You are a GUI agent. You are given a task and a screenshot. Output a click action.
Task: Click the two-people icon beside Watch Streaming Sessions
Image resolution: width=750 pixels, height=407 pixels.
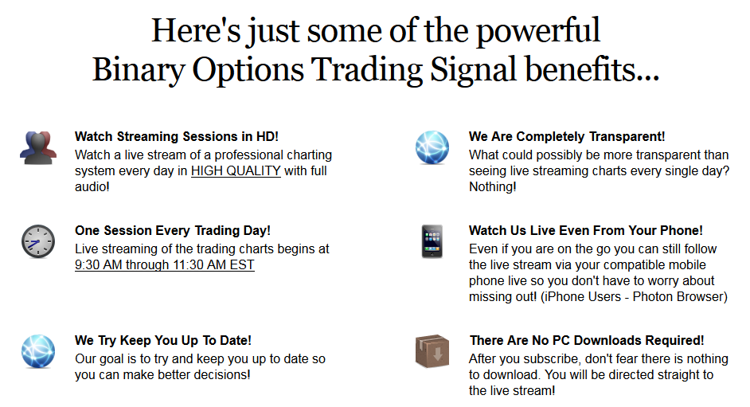tap(38, 148)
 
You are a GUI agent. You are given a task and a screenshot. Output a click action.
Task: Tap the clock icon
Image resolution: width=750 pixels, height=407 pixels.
tap(38, 241)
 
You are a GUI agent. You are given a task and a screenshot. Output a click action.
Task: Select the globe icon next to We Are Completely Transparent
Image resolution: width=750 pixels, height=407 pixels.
tap(432, 147)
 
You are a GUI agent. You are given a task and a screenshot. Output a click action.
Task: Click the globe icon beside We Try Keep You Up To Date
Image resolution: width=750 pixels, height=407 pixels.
tap(38, 351)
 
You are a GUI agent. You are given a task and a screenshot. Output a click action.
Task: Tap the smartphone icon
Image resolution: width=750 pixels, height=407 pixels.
tap(432, 241)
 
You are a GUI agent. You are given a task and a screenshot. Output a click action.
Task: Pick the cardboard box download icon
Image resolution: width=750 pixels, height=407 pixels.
tap(432, 351)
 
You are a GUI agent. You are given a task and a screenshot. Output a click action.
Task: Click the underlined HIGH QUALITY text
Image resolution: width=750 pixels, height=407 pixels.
tap(236, 171)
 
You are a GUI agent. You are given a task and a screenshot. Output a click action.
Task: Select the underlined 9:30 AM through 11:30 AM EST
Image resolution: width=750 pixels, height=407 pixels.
tap(165, 265)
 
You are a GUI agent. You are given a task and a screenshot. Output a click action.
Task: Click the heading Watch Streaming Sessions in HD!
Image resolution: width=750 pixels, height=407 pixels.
tap(177, 137)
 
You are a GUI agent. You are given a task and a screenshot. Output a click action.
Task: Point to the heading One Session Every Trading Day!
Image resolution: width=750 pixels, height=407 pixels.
tap(173, 230)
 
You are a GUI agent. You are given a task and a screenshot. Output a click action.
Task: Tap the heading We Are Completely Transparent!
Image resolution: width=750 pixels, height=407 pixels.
tap(567, 137)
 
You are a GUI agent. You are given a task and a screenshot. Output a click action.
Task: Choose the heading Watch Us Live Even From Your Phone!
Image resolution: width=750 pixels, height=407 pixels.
tap(586, 230)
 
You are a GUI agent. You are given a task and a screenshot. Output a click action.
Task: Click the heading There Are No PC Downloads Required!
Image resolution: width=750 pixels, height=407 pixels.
tap(587, 341)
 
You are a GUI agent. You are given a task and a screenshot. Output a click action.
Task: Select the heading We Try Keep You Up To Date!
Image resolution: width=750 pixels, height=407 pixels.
tap(163, 341)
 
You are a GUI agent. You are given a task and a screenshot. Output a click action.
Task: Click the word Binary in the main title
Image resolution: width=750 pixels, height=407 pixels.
tap(139, 70)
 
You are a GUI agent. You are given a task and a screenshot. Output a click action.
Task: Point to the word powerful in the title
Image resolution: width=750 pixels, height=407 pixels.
tap(538, 30)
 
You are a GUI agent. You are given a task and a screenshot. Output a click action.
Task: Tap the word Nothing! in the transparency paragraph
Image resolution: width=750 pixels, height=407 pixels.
tap(493, 187)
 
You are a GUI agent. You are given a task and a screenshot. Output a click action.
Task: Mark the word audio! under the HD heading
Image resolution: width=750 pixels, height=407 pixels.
tap(92, 187)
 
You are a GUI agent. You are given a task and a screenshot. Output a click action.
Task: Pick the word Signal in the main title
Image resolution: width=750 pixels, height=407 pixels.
tap(474, 70)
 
